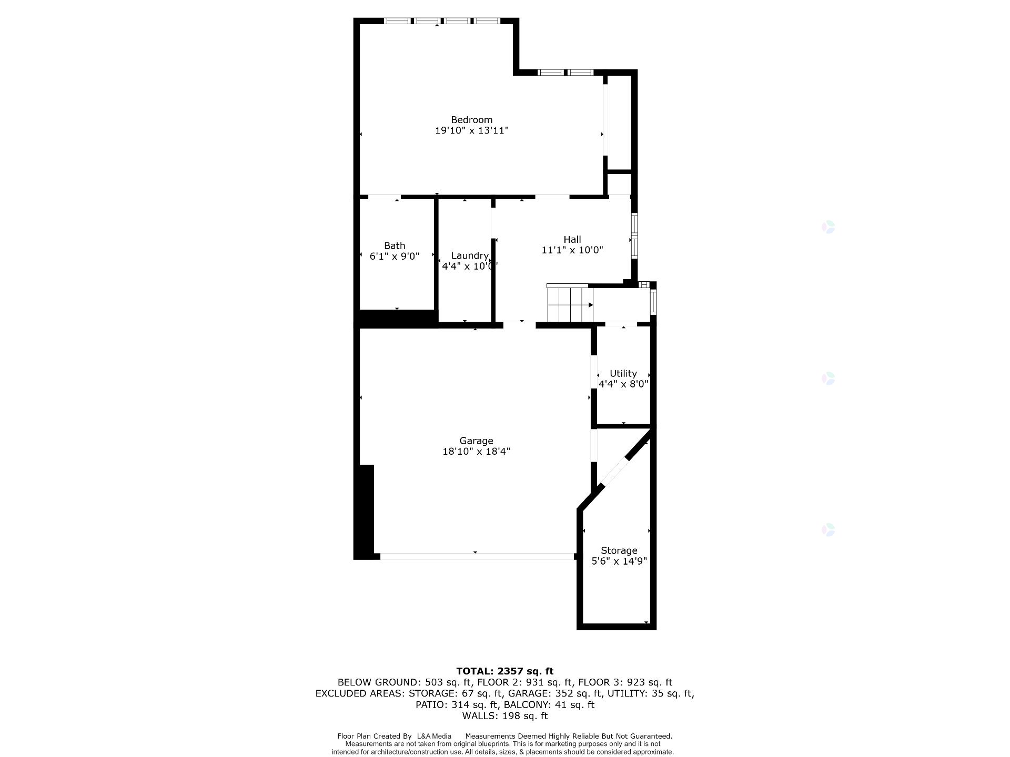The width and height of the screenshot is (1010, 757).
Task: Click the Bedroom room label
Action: [x=471, y=120]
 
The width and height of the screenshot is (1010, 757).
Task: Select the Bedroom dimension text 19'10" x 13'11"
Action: [x=471, y=130]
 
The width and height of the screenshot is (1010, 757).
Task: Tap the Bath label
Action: [x=395, y=245]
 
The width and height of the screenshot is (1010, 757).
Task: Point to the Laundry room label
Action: [x=470, y=255]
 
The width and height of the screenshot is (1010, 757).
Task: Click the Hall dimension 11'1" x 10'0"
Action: [x=572, y=250]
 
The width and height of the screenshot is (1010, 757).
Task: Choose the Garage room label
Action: [x=476, y=441]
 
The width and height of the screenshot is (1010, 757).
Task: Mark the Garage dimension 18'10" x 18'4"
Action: [x=476, y=451]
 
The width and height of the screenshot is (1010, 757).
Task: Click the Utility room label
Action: [x=623, y=373]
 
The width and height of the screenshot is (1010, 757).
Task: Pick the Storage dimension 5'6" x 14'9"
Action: [x=619, y=561]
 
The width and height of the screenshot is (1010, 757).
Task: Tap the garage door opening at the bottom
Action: [x=476, y=556]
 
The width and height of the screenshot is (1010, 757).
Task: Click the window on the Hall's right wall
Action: [x=634, y=236]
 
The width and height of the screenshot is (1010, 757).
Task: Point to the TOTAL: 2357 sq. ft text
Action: [x=504, y=671]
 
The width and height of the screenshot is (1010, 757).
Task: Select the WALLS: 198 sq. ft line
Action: [x=504, y=716]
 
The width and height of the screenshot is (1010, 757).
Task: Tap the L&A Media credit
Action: [x=434, y=736]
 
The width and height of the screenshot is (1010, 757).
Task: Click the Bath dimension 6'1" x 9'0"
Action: [x=395, y=257]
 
